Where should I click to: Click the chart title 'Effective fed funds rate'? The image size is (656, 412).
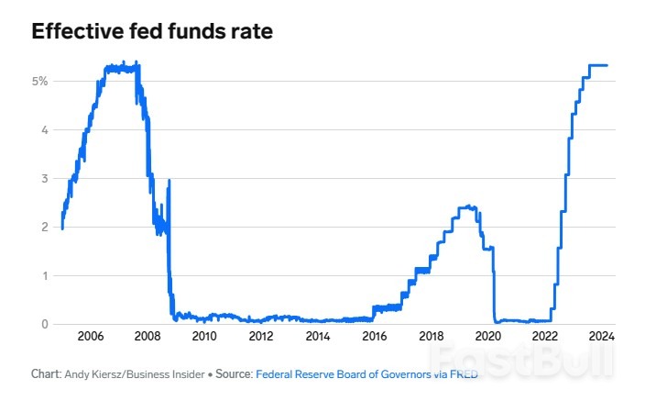coord(152,31)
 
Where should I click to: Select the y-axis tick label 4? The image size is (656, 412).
coord(44,129)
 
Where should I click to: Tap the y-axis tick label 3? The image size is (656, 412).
coord(44,178)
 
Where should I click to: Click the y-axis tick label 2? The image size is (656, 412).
coord(44,227)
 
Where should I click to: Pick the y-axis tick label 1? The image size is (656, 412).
coord(44,275)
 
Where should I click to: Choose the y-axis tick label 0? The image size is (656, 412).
coord(44,324)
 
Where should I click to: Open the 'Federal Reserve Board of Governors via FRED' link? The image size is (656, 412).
coord(366,374)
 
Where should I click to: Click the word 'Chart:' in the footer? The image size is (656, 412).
coord(45,374)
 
